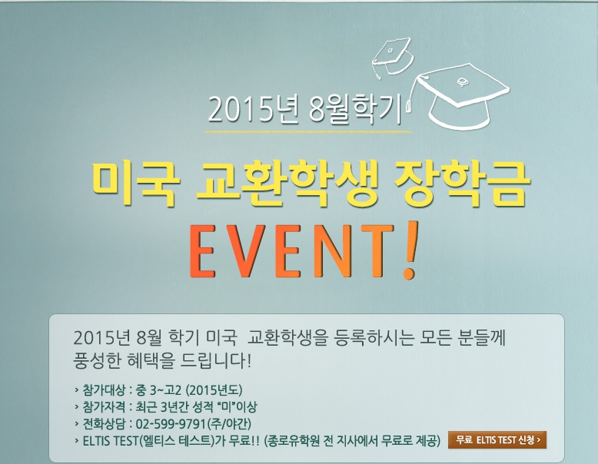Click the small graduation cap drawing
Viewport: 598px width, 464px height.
(x=393, y=57)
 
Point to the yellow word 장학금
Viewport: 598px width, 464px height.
(x=462, y=185)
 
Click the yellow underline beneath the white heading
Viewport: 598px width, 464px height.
(x=308, y=132)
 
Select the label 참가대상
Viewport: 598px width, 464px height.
(x=104, y=390)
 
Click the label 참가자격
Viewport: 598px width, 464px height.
(x=104, y=407)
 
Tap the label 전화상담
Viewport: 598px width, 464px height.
(x=104, y=424)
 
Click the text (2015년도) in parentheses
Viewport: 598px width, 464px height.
(x=214, y=390)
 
